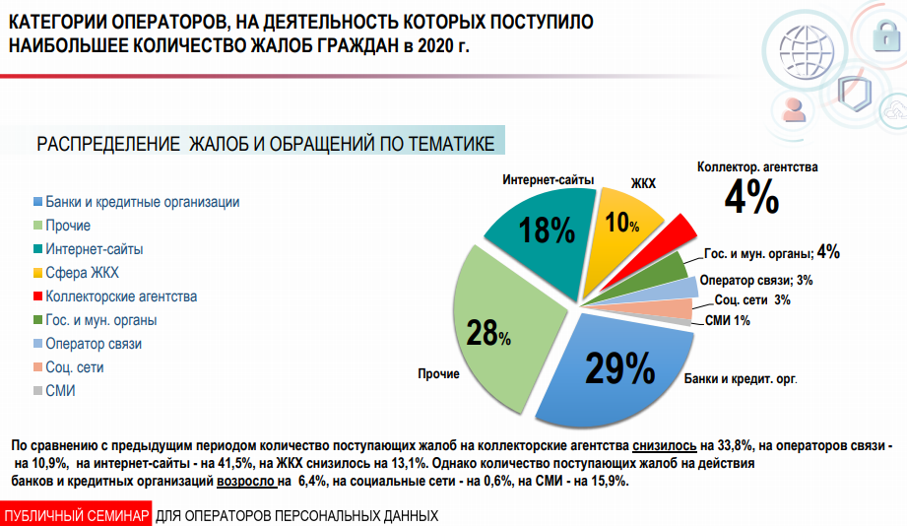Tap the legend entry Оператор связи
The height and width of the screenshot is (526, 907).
point(94,344)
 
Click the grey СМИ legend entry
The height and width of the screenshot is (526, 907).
point(60,391)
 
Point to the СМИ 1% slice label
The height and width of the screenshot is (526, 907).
point(728,320)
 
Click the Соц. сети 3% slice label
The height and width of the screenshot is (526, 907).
point(752,299)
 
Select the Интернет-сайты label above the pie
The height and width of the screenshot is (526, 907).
point(549,180)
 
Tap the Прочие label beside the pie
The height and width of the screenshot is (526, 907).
point(438,374)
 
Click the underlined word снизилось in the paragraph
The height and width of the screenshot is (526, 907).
point(666,445)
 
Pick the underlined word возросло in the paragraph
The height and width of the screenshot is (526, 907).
point(246,482)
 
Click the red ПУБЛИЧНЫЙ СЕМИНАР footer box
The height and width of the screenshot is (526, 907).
point(76,516)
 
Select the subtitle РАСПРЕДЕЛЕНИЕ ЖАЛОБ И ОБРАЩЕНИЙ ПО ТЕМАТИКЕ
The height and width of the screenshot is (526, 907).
point(266,144)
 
